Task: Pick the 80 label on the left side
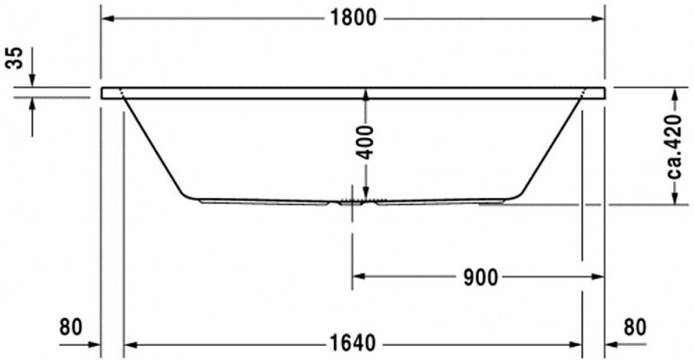pos(70,327)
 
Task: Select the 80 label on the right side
pos(635,327)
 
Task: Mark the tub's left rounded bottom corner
pos(186,193)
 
